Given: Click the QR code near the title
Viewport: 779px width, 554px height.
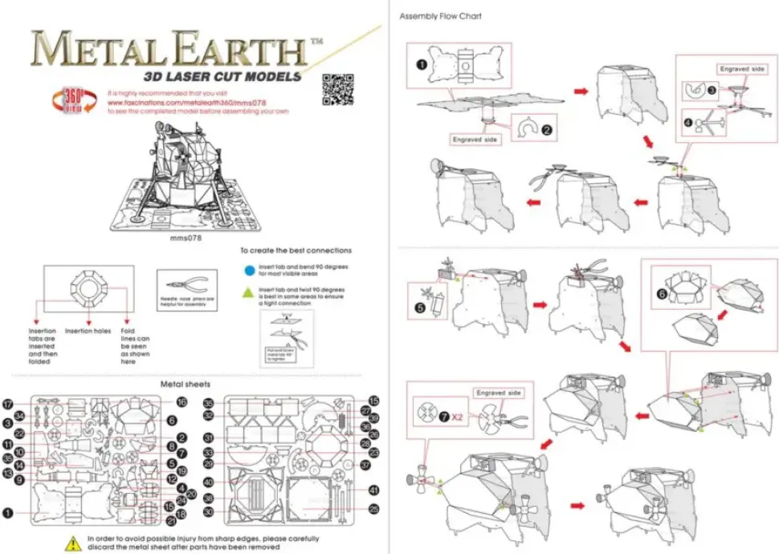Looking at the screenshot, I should (338, 89).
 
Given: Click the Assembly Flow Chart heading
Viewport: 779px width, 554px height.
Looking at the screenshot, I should (440, 16).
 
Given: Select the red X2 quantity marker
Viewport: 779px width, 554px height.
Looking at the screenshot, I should (456, 418).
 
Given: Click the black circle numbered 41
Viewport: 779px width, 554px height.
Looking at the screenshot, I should (373, 490).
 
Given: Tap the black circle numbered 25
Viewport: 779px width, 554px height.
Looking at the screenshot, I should (373, 509).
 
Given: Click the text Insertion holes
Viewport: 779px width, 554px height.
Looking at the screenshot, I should (88, 330).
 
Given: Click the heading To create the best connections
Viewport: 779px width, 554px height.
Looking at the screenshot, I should (296, 251).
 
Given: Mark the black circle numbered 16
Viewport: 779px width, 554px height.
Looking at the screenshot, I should (181, 401).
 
